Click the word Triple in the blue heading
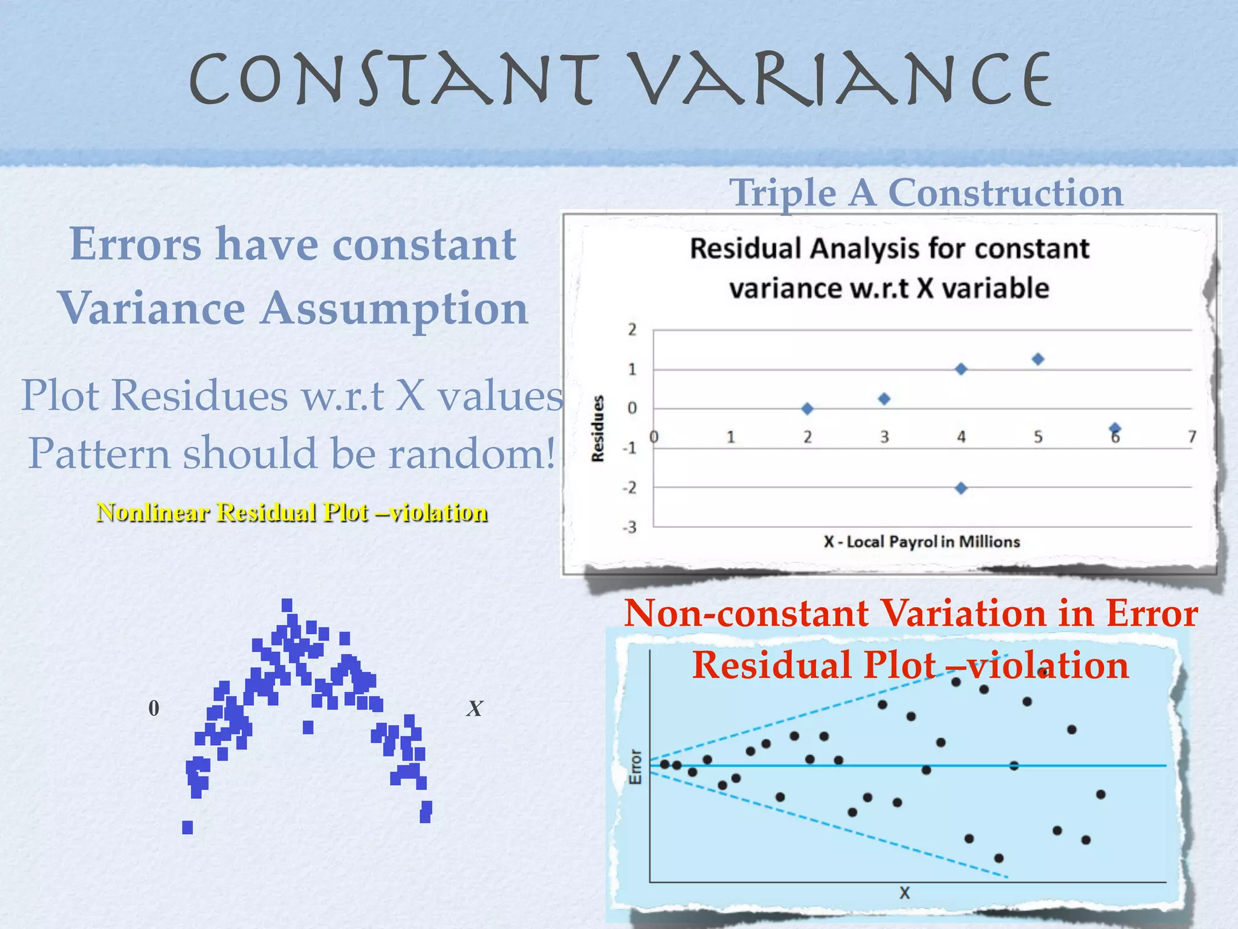pos(783,193)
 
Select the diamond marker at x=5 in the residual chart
pos(1038,359)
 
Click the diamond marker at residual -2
pos(961,488)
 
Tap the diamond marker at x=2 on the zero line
pos(807,409)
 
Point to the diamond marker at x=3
pos(884,399)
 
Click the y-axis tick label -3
pos(630,527)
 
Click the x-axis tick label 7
pos(1191,437)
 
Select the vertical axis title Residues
pos(598,428)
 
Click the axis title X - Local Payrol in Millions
pos(921,542)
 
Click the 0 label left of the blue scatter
pos(154,708)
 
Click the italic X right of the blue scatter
pos(475,709)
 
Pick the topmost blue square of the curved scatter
pos(287,605)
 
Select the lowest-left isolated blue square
pos(187,827)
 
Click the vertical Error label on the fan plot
pos(635,767)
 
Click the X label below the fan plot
pos(904,893)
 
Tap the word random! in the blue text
pos(472,454)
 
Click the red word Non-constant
pos(747,613)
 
